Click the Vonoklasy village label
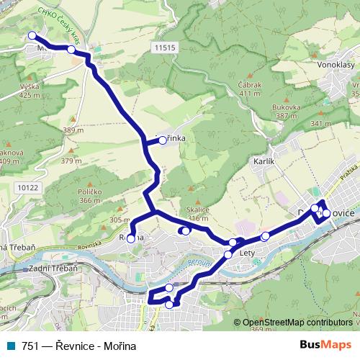(x=333, y=64)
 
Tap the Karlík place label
(x=265, y=163)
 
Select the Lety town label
(x=248, y=253)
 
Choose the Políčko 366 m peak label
(x=90, y=196)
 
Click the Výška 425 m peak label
(x=30, y=90)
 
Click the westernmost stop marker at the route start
(x=31, y=35)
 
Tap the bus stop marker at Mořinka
(x=163, y=141)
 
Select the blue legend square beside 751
(x=8, y=345)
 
